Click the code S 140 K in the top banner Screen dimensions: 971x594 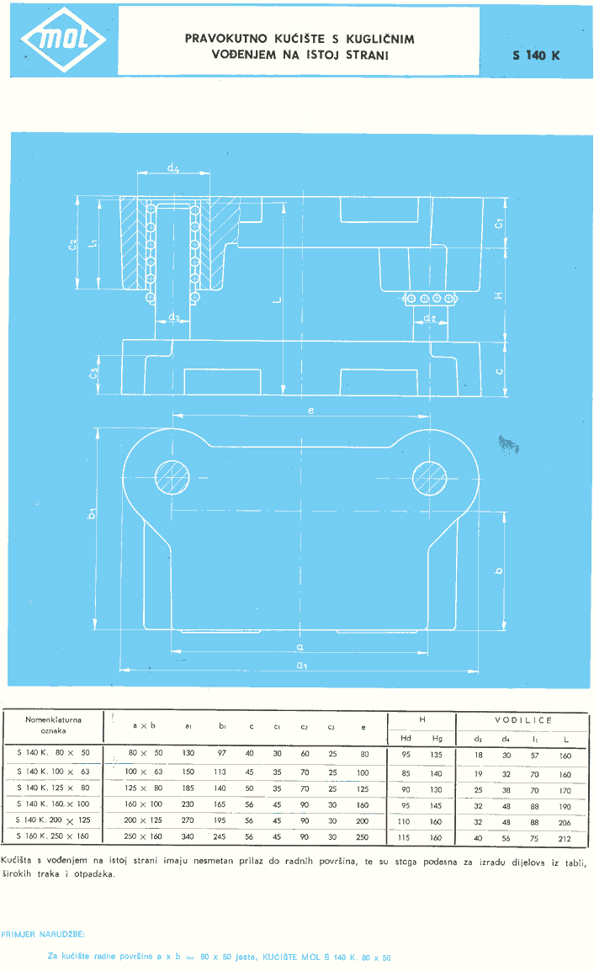click(536, 56)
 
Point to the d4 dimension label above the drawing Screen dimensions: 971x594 click(172, 168)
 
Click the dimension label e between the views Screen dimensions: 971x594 click(310, 411)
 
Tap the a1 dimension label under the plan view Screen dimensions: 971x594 click(300, 679)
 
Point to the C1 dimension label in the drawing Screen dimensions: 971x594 click(500, 224)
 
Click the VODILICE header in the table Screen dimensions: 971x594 click(523, 720)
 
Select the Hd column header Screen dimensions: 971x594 click(406, 739)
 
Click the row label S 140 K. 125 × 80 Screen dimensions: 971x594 click(53, 790)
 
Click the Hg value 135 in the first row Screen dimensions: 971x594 click(436, 755)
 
